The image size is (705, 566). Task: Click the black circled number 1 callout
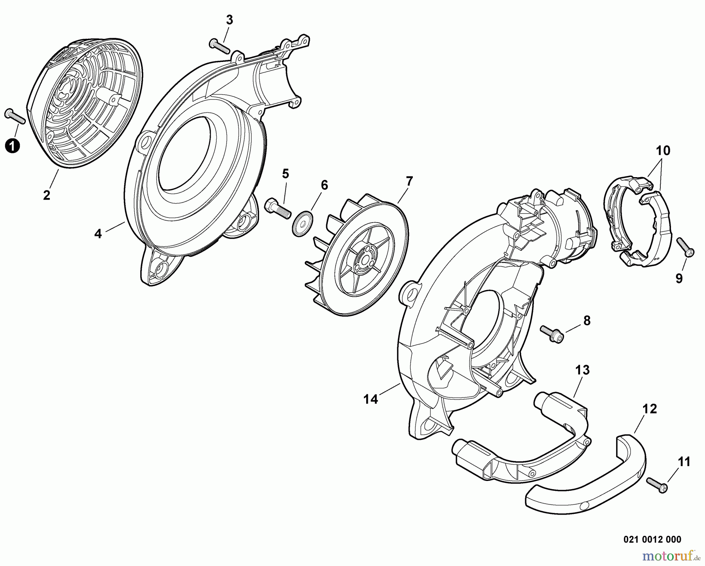13,147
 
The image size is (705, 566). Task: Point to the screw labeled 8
552,334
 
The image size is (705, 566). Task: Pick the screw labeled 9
685,247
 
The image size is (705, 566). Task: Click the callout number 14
371,399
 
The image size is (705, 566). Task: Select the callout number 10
663,151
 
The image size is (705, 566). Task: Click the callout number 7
409,181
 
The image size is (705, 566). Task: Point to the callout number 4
98,234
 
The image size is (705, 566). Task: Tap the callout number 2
47,195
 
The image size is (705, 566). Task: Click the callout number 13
582,370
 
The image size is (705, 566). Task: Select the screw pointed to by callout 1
15,116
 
